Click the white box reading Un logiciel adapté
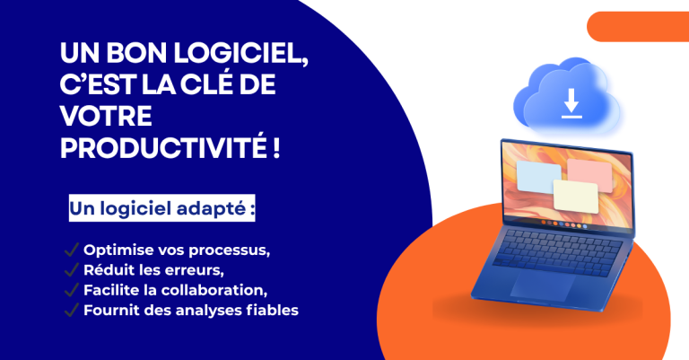(162, 209)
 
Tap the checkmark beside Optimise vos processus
(70, 250)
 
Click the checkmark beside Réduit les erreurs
(70, 270)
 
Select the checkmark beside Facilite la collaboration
(70, 291)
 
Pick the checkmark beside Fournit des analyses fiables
(70, 312)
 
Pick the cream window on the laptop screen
(574, 195)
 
